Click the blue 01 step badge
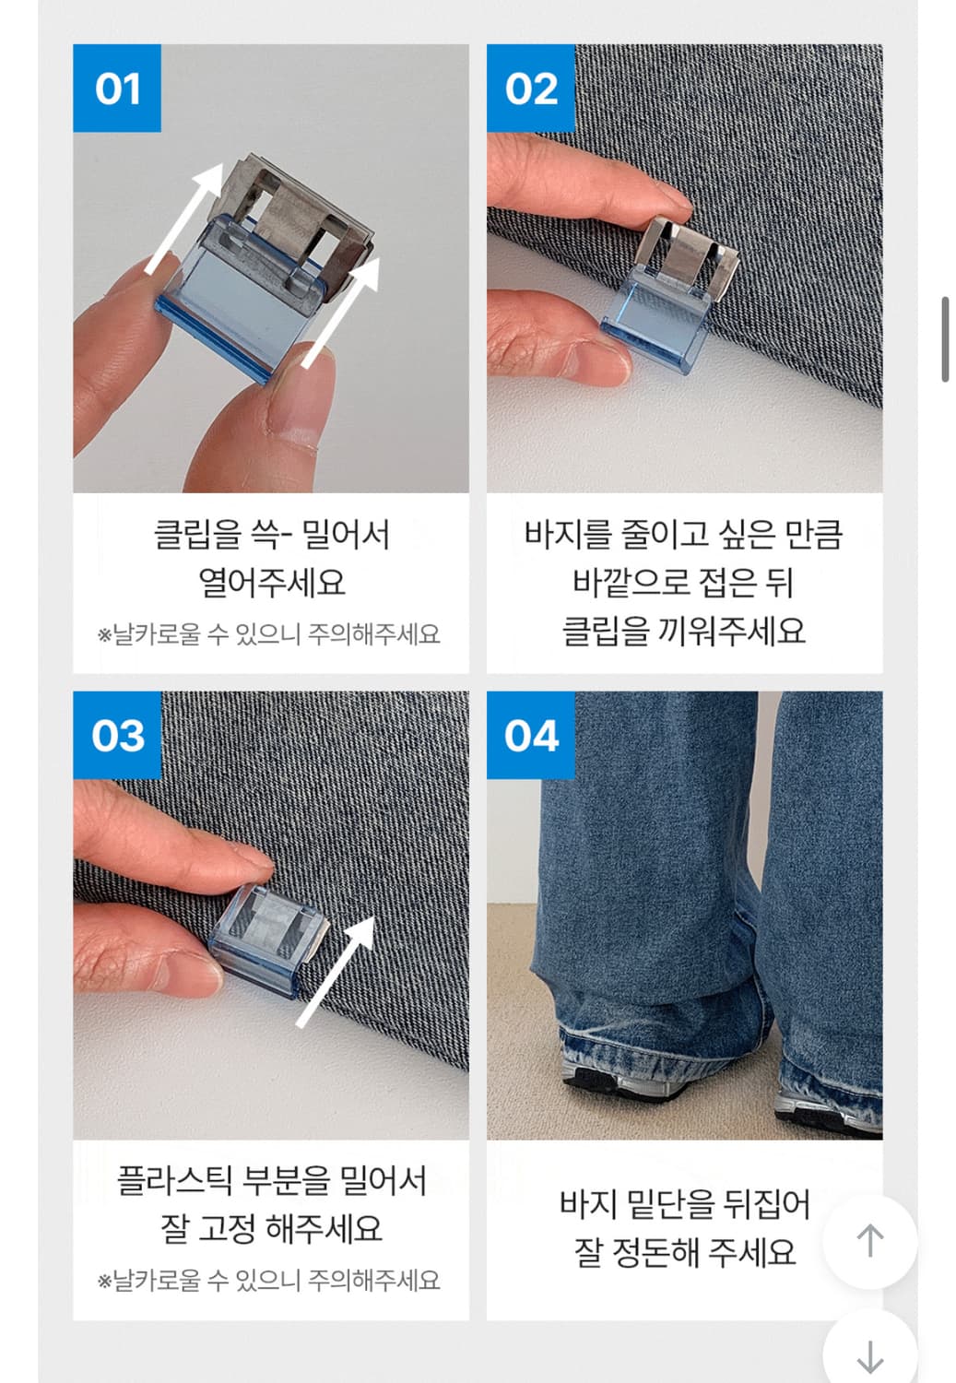[117, 89]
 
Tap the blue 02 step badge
[531, 89]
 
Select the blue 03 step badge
[117, 736]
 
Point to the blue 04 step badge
[531, 736]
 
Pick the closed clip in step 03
[267, 936]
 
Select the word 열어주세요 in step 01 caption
[271, 583]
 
